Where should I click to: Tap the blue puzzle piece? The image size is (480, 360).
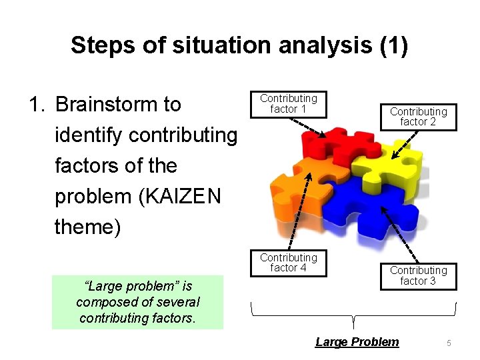point(373,207)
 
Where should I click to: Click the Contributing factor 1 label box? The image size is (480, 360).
point(289,104)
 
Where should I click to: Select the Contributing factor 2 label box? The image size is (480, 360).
point(418,117)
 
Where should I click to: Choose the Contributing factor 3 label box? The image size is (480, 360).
point(418,275)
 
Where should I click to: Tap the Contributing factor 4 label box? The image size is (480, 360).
point(289,263)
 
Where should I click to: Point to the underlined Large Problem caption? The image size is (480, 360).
point(357,342)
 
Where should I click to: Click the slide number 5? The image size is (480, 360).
point(449,343)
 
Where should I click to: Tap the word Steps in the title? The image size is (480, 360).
point(97,45)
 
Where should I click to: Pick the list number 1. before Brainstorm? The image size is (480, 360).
point(36,105)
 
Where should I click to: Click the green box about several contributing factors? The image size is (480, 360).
point(137,302)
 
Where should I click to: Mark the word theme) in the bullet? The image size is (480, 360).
point(87,227)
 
